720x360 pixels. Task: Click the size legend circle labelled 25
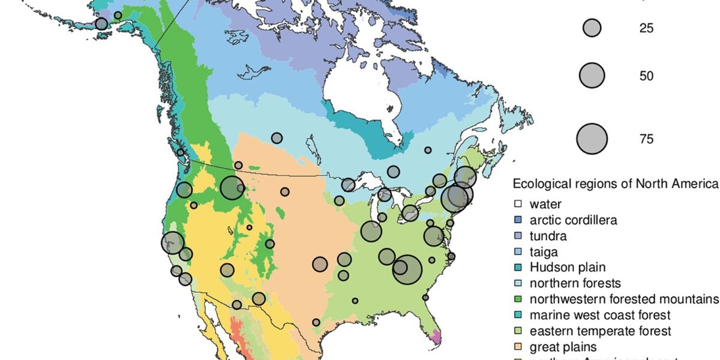point(592,28)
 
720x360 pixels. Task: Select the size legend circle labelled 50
point(592,76)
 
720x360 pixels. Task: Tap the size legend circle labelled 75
point(592,139)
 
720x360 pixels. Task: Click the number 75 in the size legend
point(646,139)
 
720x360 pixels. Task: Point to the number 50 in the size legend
point(646,77)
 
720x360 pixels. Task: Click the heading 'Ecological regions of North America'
point(615,184)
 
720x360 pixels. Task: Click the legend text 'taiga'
point(544,252)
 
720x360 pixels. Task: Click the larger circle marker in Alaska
point(101,23)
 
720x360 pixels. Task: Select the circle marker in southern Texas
point(316,322)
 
